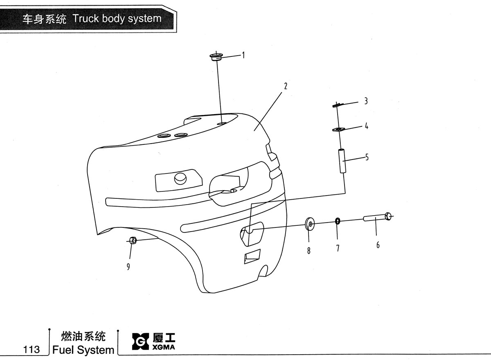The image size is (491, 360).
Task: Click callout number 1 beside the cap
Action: (243, 55)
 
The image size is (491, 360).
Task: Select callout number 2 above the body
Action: (286, 86)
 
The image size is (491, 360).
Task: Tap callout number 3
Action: (366, 101)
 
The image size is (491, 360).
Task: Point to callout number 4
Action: (366, 126)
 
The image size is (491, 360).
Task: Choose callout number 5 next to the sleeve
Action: (367, 157)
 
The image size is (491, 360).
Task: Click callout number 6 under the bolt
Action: (378, 245)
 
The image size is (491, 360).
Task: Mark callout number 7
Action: (338, 248)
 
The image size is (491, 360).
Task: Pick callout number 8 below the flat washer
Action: (309, 251)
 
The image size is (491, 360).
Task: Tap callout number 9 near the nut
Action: (128, 267)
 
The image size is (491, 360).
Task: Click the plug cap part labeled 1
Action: (216, 57)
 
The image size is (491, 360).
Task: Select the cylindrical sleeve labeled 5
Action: (342, 161)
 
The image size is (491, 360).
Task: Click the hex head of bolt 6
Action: (388, 216)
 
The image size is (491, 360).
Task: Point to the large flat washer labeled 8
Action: (310, 224)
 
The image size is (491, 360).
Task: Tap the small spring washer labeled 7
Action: (338, 221)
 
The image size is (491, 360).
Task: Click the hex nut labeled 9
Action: (133, 241)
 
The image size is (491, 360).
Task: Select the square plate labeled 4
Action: (339, 130)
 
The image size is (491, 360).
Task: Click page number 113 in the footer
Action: (32, 349)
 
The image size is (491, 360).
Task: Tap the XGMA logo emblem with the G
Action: (140, 341)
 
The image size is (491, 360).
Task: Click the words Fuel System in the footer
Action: (83, 350)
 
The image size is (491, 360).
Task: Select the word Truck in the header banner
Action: (86, 18)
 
